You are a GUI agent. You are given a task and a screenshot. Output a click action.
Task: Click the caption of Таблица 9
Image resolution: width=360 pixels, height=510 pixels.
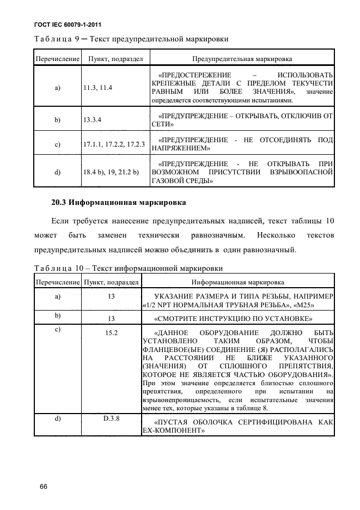tap(131, 39)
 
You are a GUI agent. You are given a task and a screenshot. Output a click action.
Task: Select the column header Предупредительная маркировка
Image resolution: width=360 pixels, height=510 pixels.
tap(242, 58)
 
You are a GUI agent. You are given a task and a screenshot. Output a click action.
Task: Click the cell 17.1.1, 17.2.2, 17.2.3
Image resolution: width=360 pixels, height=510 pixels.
tap(114, 144)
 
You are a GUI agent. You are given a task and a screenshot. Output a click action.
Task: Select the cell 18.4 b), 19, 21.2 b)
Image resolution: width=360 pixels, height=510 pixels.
tap(111, 172)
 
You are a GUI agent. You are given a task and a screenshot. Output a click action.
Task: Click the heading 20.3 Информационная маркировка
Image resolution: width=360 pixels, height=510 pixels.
tap(119, 203)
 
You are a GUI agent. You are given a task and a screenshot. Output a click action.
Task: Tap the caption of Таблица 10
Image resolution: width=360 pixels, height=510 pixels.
tap(129, 268)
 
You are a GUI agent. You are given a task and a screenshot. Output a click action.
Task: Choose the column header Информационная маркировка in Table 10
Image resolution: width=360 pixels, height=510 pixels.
tap(242, 282)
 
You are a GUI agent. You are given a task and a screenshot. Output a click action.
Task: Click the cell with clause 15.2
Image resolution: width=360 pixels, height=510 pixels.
tap(112, 332)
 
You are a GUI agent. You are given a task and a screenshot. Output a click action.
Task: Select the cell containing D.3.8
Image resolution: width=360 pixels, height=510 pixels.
tap(112, 418)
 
